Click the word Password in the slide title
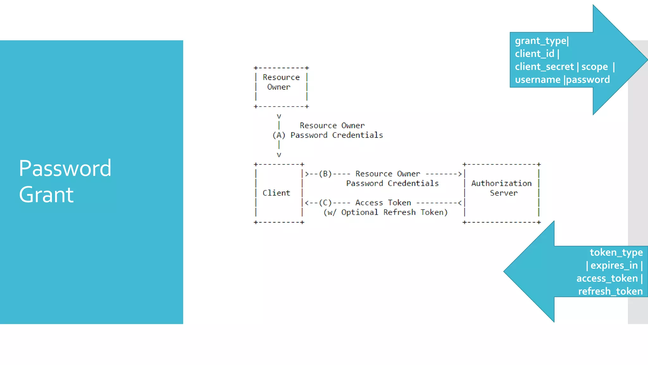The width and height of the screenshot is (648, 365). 65,168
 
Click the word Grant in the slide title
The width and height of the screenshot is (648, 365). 46,195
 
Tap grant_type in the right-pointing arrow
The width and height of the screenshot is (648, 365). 540,41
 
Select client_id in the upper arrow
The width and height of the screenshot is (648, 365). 534,54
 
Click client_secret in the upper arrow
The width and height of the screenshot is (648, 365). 544,67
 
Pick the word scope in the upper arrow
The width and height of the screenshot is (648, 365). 594,67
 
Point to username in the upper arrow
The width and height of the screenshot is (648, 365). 537,80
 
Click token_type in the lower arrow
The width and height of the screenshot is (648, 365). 616,253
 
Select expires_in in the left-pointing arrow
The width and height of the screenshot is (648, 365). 614,266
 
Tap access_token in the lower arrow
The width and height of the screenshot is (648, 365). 607,279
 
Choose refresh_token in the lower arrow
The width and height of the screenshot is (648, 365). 610,291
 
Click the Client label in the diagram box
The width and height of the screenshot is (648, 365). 276,193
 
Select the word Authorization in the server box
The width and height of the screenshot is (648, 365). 501,183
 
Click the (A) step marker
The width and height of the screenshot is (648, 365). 279,135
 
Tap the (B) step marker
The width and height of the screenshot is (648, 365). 325,174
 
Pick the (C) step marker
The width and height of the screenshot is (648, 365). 325,203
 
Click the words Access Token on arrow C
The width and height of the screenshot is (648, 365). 383,203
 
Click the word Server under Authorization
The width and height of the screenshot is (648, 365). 504,193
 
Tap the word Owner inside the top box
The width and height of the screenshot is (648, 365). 279,87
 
